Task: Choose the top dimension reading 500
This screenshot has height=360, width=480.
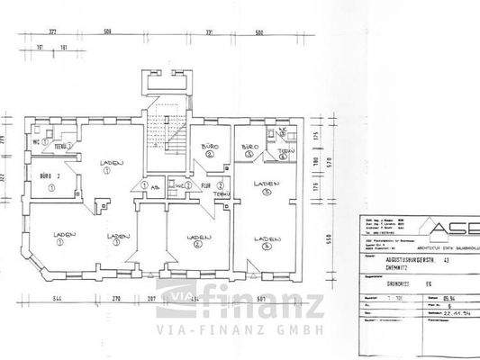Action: pyautogui.click(x=259, y=31)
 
